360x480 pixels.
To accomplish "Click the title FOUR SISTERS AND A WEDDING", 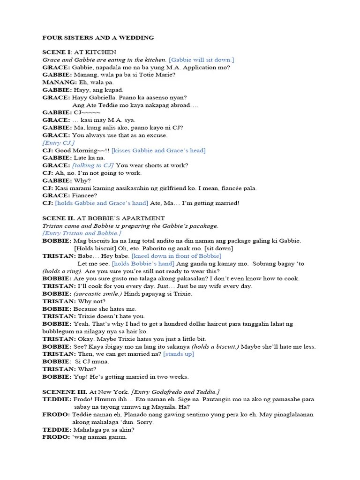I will click(98, 37).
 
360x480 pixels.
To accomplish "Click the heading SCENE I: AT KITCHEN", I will click(79, 52).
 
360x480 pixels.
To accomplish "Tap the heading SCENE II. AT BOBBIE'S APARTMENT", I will click(103, 218).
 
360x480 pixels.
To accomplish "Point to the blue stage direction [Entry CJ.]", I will click(58, 142).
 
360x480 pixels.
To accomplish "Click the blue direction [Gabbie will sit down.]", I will click(201, 60).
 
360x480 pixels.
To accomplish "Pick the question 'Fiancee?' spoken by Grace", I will click(85, 195).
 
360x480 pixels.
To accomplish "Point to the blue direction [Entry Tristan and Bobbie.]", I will click(82, 233).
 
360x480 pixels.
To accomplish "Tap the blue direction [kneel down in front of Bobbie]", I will click(176, 256).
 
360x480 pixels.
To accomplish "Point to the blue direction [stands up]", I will click(178, 354).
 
